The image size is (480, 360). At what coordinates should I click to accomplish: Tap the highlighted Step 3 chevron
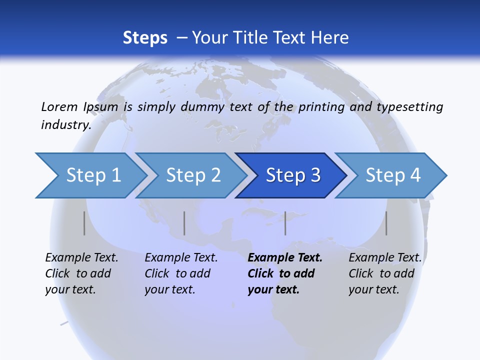coord(293,175)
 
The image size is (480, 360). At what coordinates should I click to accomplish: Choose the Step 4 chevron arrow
coord(393,175)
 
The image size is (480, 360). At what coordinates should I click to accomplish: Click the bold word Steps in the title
coord(145,38)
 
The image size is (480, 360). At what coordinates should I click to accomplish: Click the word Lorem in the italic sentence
coord(59,106)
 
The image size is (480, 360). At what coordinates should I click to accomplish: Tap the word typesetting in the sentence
coord(409,106)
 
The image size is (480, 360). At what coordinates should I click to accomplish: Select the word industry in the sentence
coord(65,125)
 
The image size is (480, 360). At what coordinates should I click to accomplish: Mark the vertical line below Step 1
coord(84,223)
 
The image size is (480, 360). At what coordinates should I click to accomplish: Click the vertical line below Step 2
coord(184,223)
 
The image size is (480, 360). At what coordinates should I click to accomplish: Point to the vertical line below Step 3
coord(285,223)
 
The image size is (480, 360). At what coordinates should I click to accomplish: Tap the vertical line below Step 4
coord(386,223)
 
